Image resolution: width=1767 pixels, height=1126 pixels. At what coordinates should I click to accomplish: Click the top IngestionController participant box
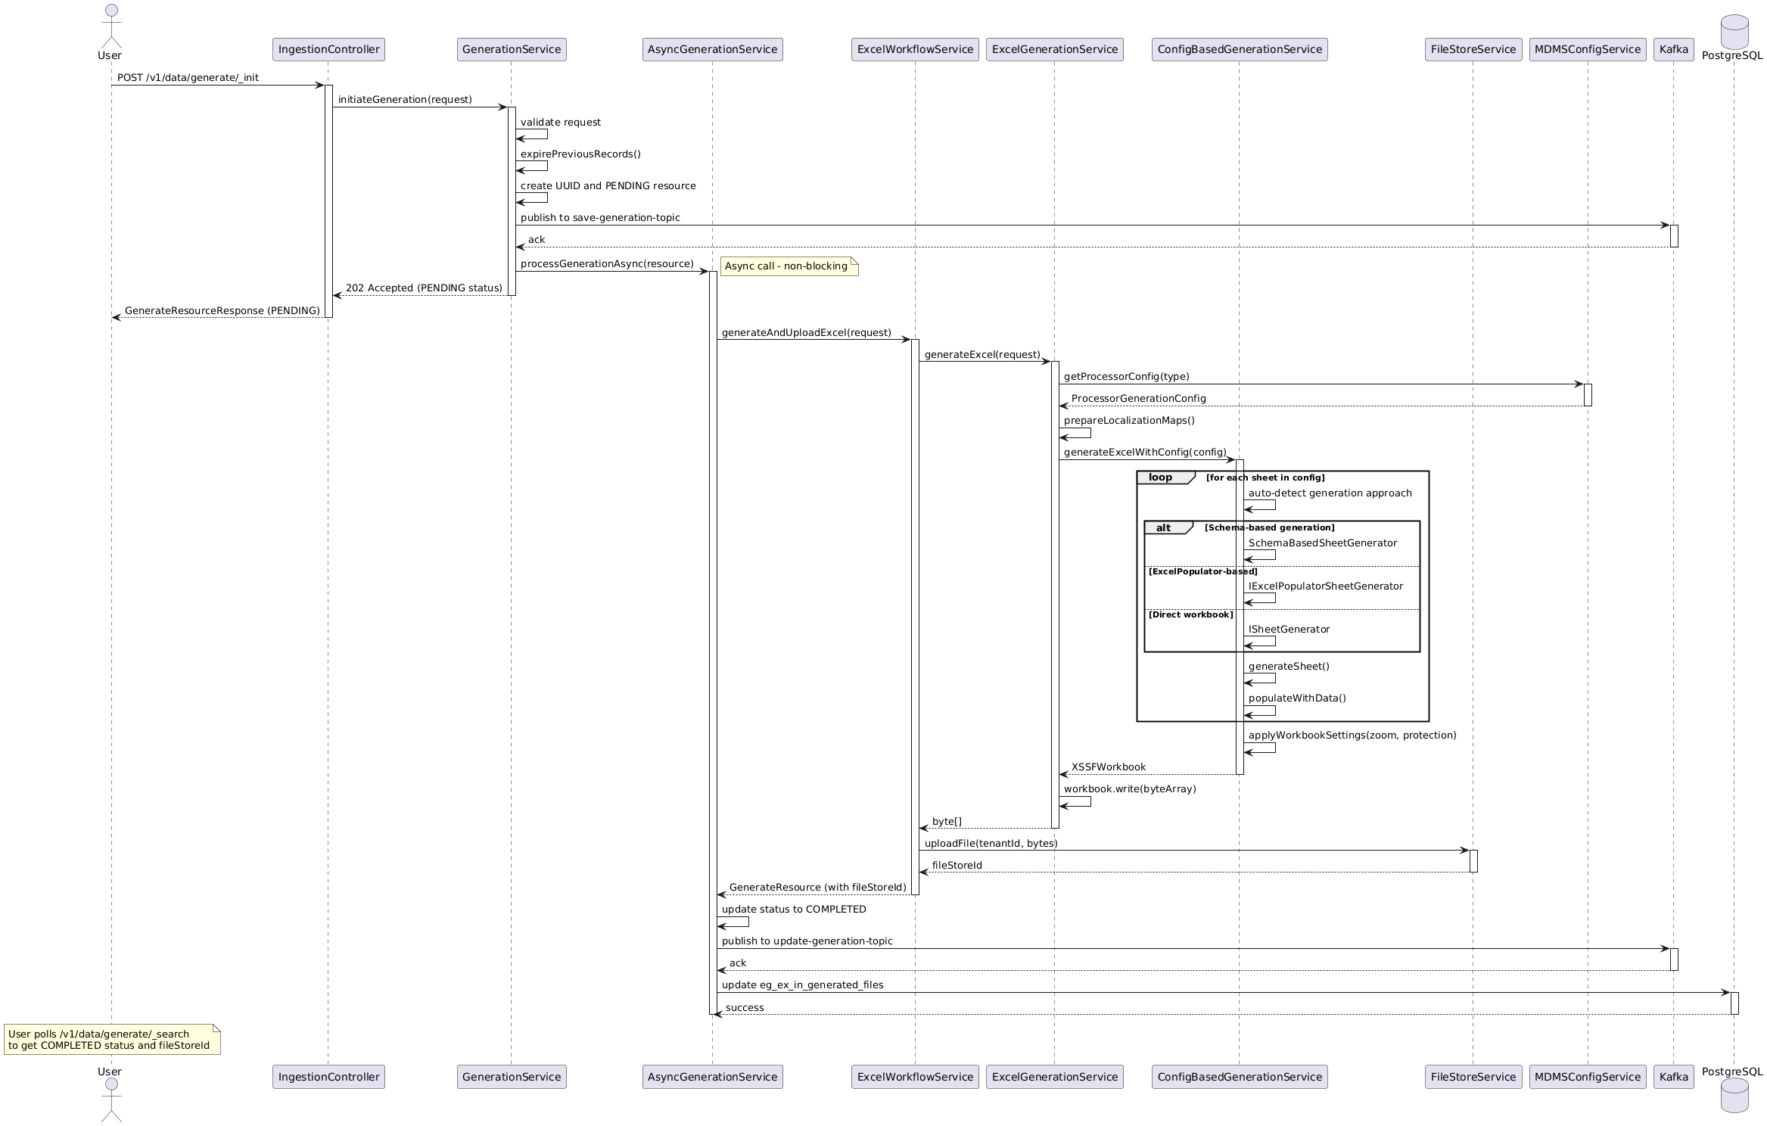328,49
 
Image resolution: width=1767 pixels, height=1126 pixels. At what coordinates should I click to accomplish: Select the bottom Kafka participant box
1673,1077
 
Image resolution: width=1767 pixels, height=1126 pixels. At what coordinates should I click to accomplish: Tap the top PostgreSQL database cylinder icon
1734,32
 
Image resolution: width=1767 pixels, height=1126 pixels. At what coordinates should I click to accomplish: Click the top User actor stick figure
110,26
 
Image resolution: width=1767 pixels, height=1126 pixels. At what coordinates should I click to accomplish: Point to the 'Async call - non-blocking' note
789,266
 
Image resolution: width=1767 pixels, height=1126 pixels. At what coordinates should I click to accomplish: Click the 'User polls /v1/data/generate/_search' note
112,1039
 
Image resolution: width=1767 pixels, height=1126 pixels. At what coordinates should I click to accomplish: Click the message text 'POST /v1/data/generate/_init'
188,78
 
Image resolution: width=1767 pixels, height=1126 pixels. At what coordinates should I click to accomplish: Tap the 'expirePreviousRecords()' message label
580,154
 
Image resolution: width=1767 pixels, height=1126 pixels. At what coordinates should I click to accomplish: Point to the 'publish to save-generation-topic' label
600,218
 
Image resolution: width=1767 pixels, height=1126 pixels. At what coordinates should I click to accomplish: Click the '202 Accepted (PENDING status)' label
424,288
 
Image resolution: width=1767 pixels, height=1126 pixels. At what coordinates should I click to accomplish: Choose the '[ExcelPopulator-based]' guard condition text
1202,571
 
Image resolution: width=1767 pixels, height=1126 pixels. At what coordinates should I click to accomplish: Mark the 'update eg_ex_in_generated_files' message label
802,985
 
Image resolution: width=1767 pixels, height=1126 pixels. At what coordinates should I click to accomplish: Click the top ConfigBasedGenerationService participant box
1240,49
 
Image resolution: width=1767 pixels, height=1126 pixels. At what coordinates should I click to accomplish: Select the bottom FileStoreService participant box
1473,1077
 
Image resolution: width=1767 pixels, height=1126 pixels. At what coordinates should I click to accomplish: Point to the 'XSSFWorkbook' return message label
1108,767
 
